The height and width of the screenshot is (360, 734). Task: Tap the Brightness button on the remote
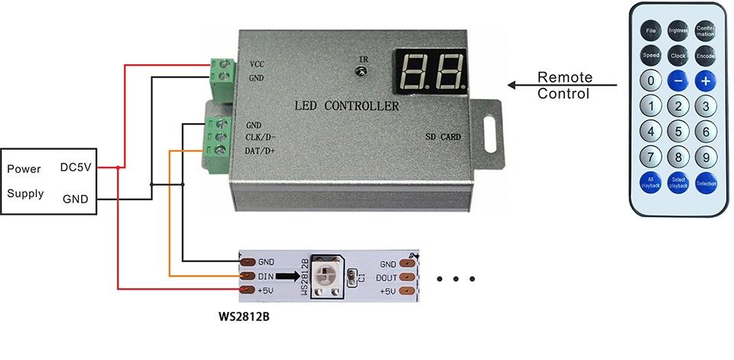(677, 31)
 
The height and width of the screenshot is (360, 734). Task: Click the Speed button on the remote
(651, 56)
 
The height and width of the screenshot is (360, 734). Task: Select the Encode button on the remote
(705, 56)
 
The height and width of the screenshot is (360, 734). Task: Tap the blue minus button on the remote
(677, 80)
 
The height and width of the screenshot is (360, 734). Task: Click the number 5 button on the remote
(677, 131)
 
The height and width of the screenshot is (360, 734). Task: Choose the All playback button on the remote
(651, 183)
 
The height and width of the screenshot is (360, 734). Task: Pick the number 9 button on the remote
(705, 157)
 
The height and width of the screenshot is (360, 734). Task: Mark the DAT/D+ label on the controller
(261, 151)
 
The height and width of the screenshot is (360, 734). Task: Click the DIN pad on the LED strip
(247, 276)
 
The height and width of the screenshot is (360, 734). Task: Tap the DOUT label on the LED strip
(388, 277)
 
